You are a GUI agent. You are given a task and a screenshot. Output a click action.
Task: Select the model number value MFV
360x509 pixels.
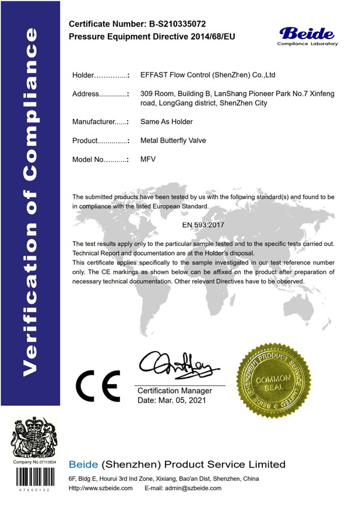tap(148, 160)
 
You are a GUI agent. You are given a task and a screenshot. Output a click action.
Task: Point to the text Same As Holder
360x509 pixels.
tap(166, 122)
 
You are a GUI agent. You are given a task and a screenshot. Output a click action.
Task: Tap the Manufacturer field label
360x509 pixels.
tap(100, 122)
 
